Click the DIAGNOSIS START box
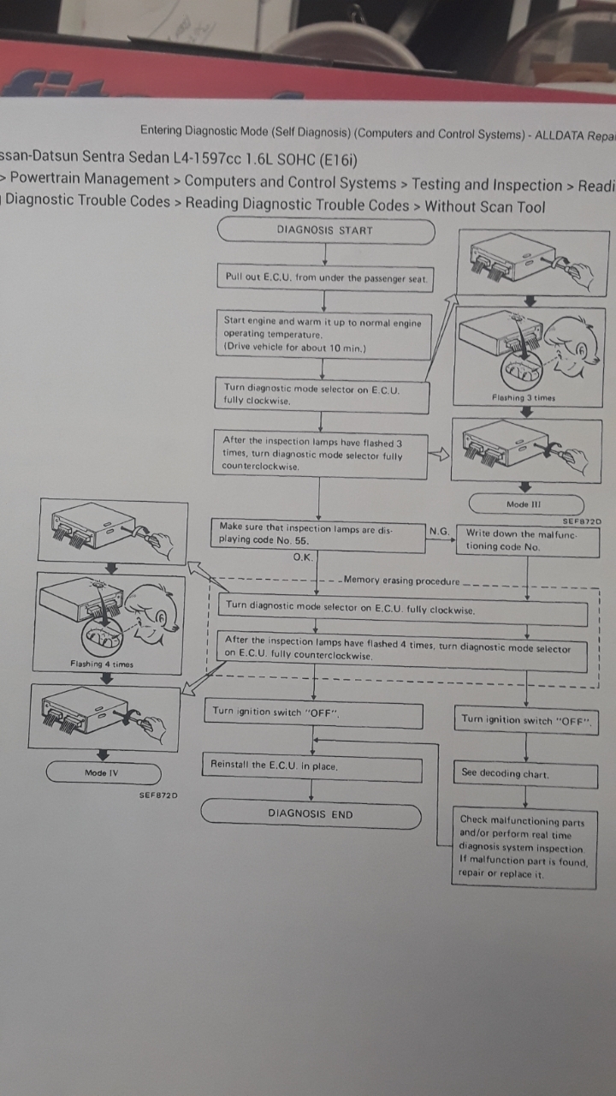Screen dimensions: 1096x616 325,230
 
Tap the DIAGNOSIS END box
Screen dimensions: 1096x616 311,814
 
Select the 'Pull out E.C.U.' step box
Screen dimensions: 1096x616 325,277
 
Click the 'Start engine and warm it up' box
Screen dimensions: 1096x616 323,335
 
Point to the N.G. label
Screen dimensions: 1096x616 439,532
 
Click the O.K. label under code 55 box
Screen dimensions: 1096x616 304,557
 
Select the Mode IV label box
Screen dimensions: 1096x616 104,773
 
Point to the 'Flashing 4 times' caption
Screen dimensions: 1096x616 102,664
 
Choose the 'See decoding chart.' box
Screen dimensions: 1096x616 524,773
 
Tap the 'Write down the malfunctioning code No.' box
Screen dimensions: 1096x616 527,539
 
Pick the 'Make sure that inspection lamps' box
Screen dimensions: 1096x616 318,534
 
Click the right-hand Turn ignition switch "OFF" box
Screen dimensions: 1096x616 524,720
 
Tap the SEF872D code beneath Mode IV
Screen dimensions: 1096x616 158,795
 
